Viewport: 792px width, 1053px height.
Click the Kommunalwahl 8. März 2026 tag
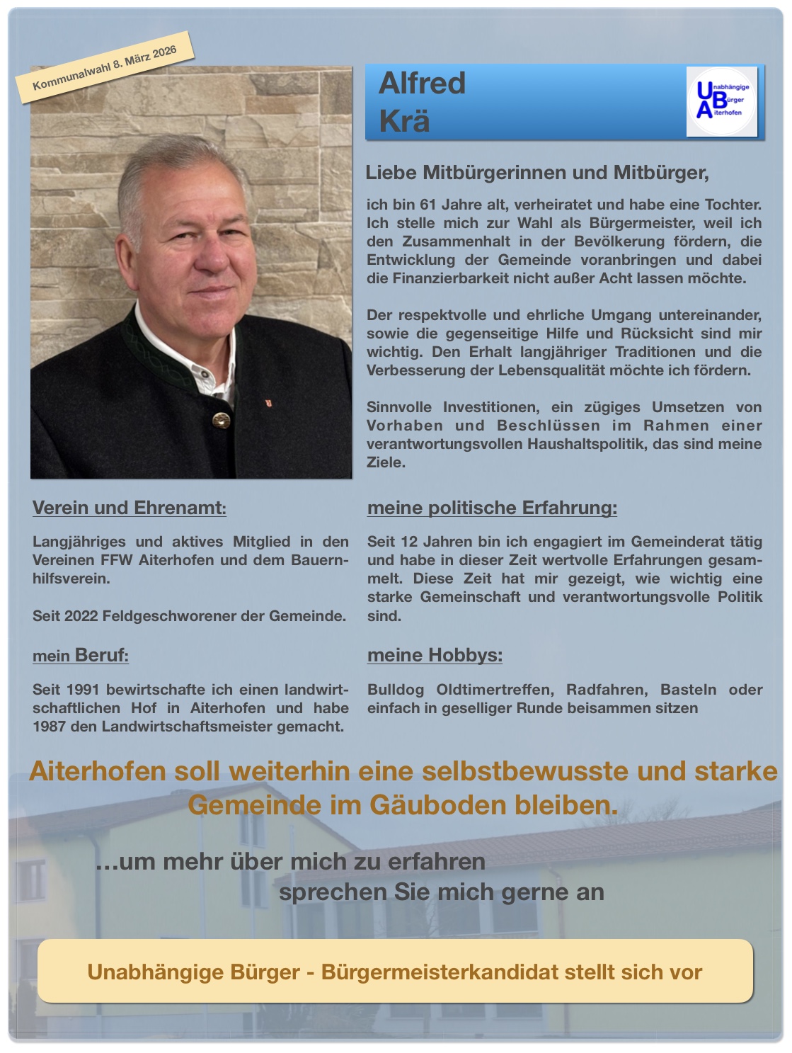(x=105, y=68)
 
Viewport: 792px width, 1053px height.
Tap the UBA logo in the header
(x=721, y=101)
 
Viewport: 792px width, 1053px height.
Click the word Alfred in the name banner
(x=423, y=84)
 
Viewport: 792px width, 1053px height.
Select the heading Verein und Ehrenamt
(x=130, y=508)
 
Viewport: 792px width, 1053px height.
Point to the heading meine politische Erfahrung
(x=492, y=508)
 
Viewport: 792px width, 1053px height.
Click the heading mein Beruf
(x=81, y=655)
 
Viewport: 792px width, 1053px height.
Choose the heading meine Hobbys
(x=435, y=655)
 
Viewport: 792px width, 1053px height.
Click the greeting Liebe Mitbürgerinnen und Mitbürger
(x=536, y=173)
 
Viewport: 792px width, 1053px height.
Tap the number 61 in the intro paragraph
(x=428, y=205)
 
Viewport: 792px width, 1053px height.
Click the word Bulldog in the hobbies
(x=396, y=690)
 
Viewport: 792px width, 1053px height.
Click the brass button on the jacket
(x=221, y=421)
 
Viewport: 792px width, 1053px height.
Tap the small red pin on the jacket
(x=268, y=403)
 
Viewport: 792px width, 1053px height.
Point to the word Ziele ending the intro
(x=386, y=462)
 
